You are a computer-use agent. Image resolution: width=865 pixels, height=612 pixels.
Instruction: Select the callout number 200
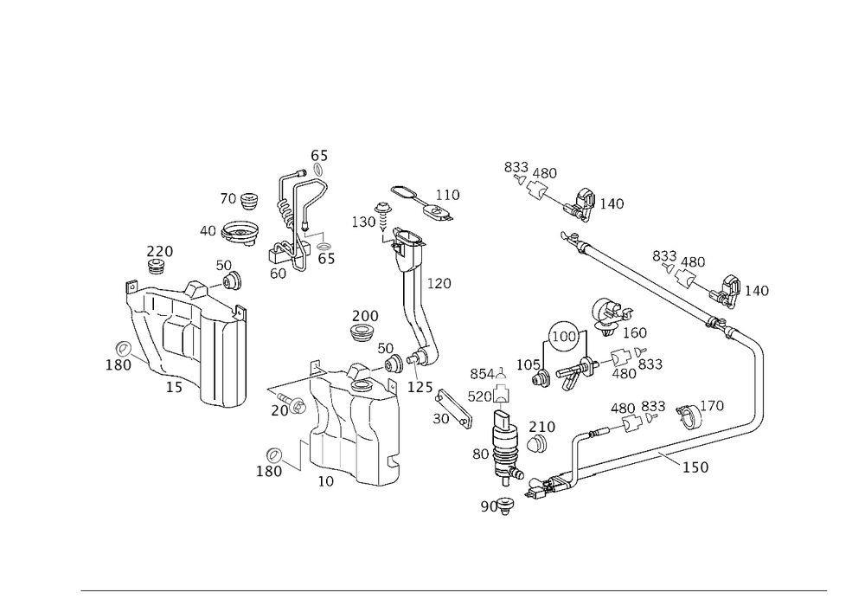click(x=364, y=314)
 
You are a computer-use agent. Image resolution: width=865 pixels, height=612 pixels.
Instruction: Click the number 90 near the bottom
click(x=489, y=506)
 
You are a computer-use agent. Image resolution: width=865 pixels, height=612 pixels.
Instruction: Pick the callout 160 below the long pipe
click(x=695, y=467)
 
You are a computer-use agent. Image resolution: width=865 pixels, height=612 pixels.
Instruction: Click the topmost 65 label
click(x=319, y=156)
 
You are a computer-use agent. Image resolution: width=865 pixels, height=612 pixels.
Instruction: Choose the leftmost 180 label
click(x=118, y=365)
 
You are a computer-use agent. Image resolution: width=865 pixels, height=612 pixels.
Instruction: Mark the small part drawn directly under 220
click(x=158, y=267)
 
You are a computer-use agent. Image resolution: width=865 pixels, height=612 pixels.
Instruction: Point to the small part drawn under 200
click(x=364, y=330)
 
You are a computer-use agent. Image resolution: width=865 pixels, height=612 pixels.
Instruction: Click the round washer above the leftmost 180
click(x=124, y=348)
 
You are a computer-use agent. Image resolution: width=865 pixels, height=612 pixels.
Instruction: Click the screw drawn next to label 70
click(x=298, y=403)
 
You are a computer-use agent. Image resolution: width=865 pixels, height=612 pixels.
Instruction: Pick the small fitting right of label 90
click(x=507, y=501)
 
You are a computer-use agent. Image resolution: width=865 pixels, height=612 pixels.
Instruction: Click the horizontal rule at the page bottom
click(x=453, y=591)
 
